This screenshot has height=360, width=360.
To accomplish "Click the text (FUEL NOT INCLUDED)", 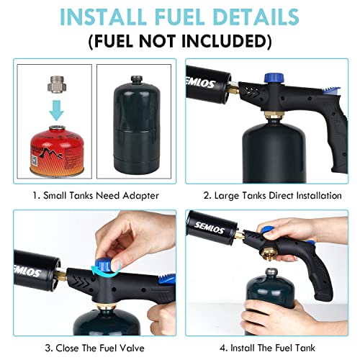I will pos(180,40).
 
